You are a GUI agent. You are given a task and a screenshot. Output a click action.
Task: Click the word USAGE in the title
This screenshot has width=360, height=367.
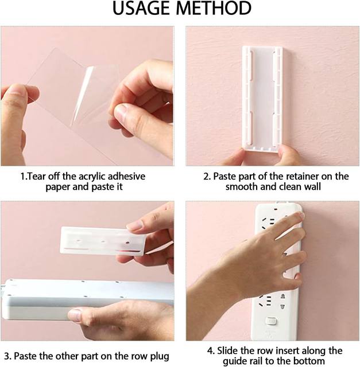click(142, 9)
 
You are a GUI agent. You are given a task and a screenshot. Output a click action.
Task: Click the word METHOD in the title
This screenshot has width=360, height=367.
click(214, 9)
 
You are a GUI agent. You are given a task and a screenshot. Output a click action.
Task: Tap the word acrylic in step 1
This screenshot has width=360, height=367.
click(92, 177)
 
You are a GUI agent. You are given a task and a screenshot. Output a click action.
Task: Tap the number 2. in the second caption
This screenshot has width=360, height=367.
click(207, 177)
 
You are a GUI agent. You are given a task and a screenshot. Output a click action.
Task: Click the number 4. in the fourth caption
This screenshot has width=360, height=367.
click(211, 351)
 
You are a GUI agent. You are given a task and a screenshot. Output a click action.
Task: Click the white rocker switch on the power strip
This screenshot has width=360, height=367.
click(271, 321)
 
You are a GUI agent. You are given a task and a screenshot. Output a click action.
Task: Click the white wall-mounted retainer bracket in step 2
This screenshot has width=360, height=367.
click(262, 99)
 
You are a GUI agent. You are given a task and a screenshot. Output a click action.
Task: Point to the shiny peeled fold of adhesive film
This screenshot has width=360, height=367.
click(82, 93)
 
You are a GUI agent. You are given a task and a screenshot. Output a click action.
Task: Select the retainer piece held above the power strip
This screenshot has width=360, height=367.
click(102, 241)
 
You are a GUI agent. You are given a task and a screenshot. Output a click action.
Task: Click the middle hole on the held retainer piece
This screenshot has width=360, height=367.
click(103, 241)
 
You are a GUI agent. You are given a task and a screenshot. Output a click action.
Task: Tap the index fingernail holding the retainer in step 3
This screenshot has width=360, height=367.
click(134, 225)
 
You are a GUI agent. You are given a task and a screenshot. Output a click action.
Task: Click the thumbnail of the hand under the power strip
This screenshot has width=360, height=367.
click(75, 315)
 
